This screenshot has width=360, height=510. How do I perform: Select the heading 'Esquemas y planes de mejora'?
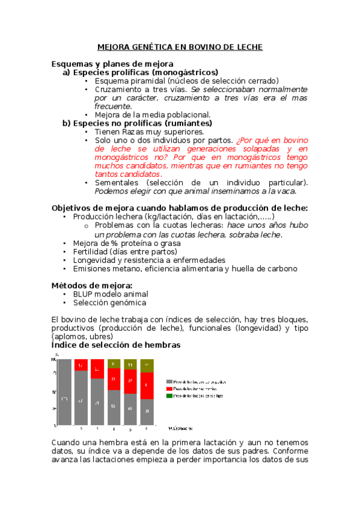pos(112,63)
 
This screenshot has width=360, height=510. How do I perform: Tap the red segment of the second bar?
pos(81,365)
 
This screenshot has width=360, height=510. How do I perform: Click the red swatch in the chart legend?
pos(169,389)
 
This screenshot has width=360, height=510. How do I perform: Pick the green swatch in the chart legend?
pos(169,396)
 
